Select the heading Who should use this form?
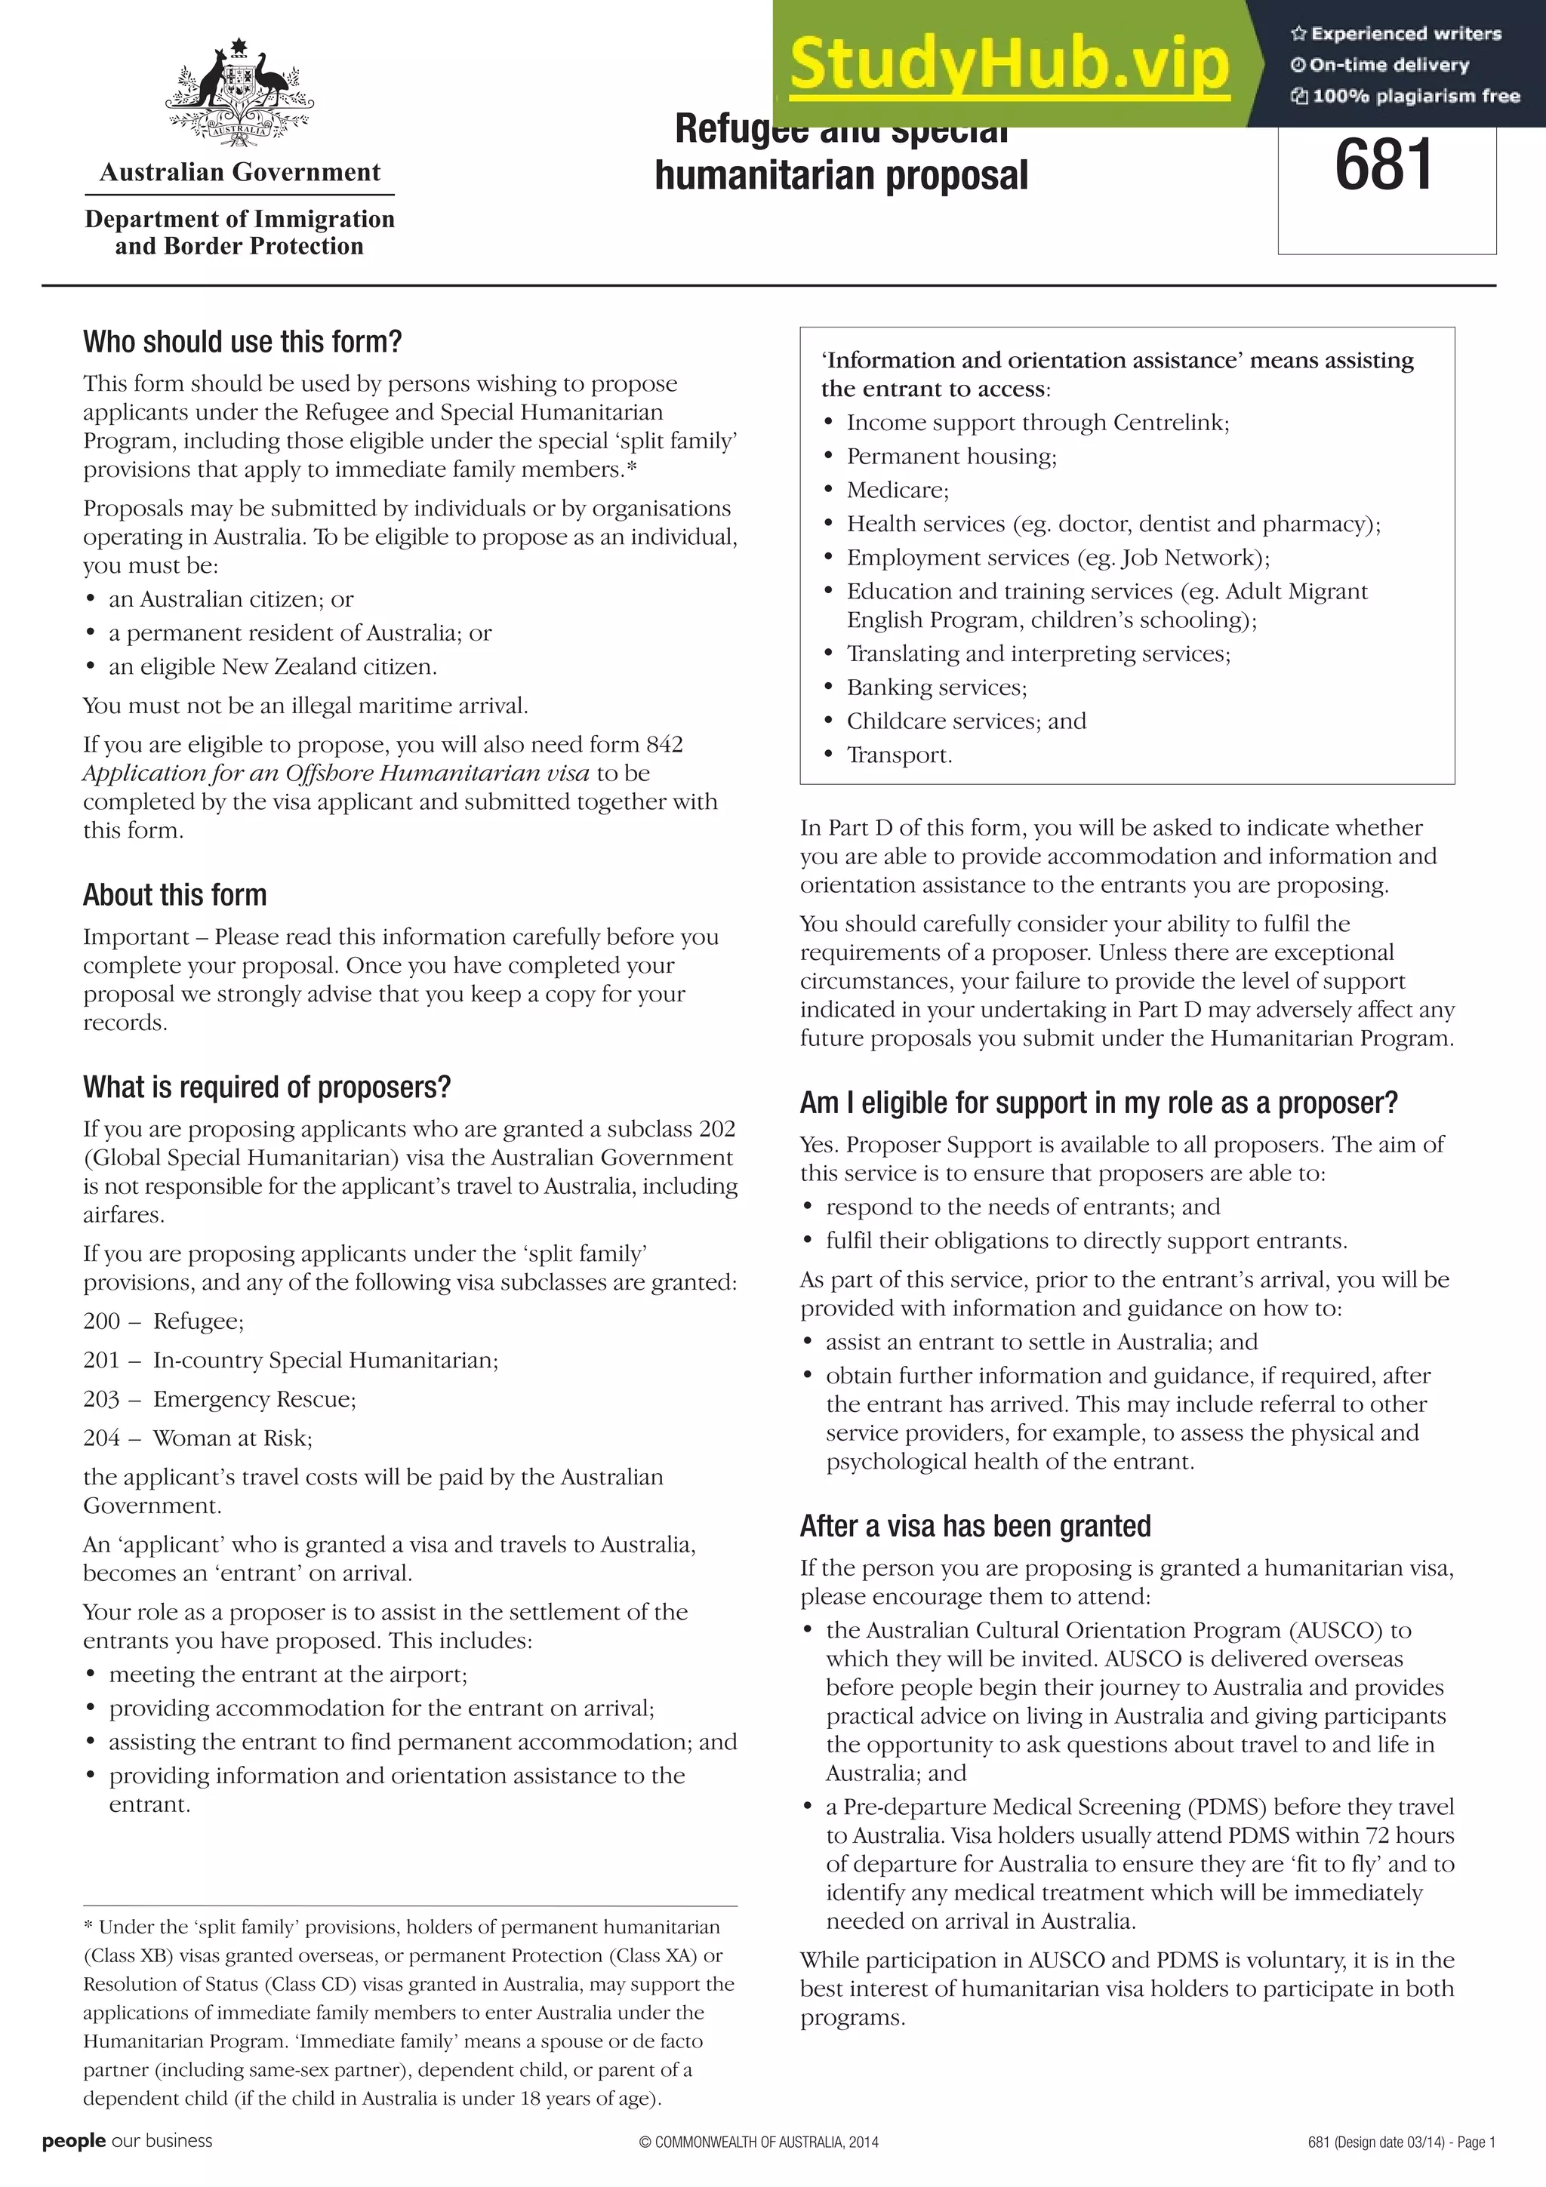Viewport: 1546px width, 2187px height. pyautogui.click(x=242, y=341)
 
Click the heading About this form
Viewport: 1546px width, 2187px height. pyautogui.click(x=174, y=894)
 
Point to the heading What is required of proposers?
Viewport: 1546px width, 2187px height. pyautogui.click(x=266, y=1087)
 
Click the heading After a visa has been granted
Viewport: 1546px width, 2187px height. pyautogui.click(x=975, y=1526)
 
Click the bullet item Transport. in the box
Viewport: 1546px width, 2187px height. pyautogui.click(x=899, y=755)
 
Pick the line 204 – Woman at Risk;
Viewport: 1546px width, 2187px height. pyautogui.click(x=197, y=1438)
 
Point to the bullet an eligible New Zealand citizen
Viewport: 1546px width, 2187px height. pyautogui.click(x=273, y=667)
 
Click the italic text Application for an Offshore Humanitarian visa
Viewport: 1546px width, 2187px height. pyautogui.click(x=335, y=773)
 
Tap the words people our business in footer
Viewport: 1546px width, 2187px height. pyautogui.click(x=127, y=2141)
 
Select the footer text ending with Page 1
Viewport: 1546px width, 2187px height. pyautogui.click(x=1401, y=2142)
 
